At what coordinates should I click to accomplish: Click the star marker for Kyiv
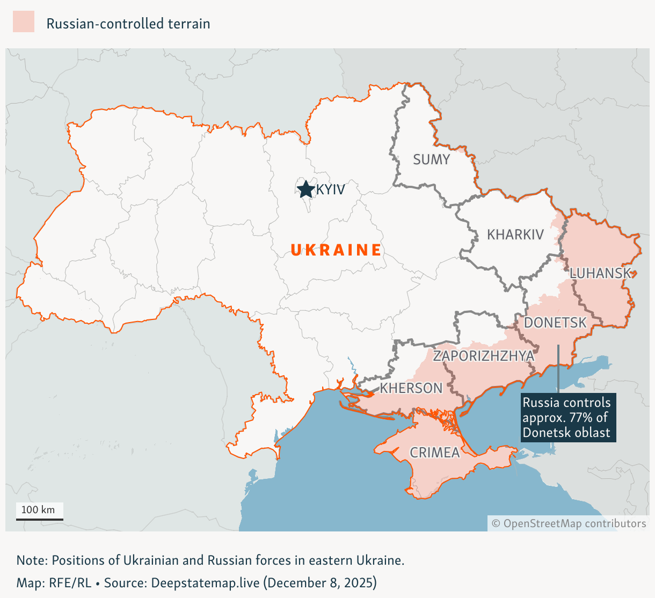305,189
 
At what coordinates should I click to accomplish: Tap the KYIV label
330,189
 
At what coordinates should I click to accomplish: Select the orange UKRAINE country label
336,250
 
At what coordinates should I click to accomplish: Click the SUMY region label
431,159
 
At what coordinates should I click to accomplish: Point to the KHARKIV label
515,235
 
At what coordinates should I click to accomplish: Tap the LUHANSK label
600,273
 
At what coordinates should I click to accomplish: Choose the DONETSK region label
555,323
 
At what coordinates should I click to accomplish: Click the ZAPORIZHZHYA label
484,356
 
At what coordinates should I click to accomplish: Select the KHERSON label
411,388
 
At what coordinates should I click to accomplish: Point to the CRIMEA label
435,453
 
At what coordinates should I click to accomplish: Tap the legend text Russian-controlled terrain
128,24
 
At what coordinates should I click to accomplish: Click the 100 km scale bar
39,519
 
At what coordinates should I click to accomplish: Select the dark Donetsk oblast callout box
568,418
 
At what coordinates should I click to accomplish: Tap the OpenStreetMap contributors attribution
569,523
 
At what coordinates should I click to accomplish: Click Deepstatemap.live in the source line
205,583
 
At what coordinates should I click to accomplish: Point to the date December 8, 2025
321,583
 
